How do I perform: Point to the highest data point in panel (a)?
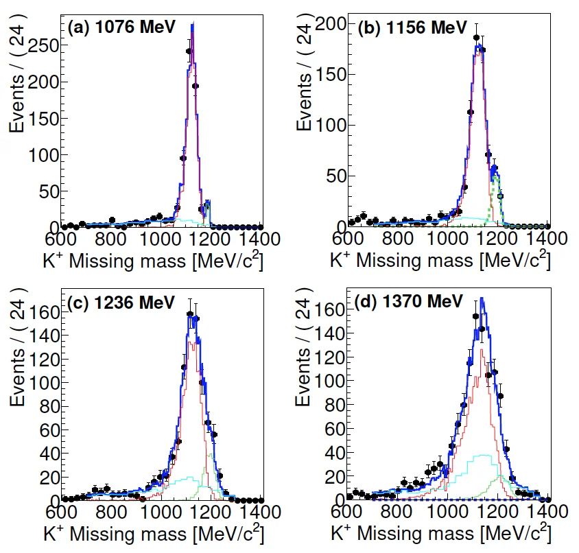pos(189,51)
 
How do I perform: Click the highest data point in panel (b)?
pos(477,38)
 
